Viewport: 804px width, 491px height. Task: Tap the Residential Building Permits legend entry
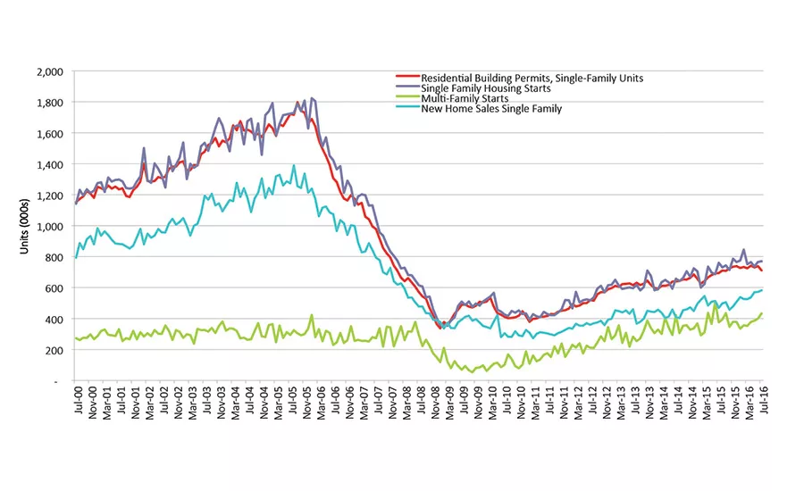[519, 78]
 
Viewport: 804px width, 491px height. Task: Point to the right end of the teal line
[761, 289]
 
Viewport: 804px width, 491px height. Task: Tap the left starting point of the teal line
[76, 258]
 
